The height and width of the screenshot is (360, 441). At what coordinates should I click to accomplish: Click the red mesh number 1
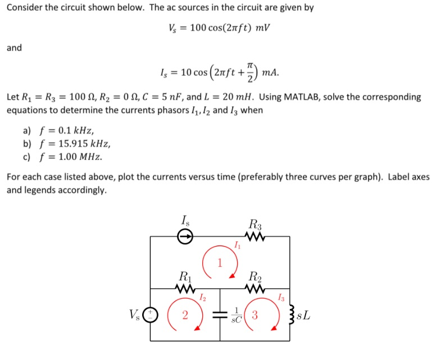220,262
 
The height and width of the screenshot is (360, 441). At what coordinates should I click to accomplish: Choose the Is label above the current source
185,220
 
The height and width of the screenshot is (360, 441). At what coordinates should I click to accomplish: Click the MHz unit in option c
90,156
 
